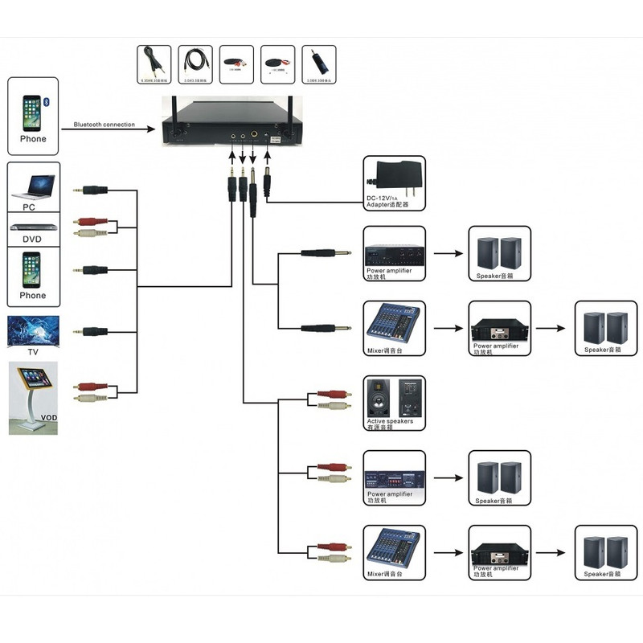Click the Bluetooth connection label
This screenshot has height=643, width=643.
104,125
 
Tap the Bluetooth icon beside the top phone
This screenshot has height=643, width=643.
47,102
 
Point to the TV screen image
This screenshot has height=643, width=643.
33,331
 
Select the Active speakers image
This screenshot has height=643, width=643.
394,396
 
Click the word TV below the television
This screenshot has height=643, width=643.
33,352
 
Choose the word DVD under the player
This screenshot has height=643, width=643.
33,240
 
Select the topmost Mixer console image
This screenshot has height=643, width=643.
394,322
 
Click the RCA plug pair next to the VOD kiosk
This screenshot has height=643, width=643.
92,391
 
